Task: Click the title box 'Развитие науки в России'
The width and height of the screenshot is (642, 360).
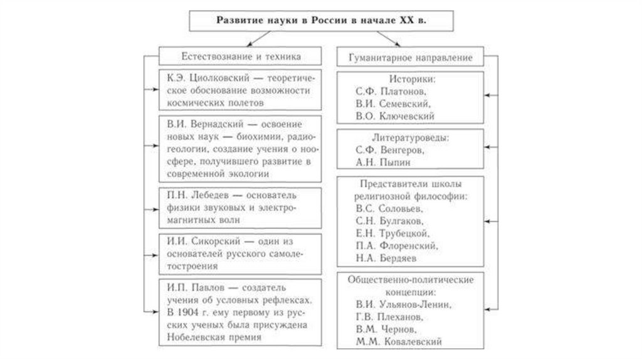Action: [x=321, y=19]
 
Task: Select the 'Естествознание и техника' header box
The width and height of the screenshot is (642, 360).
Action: [x=241, y=56]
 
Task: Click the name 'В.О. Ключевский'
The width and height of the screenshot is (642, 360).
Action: [x=394, y=116]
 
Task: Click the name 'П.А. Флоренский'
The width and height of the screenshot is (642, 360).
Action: [x=394, y=245]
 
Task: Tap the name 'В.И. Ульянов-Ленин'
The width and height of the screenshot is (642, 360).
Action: [x=401, y=305]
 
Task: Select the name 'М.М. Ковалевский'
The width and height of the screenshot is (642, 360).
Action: [x=398, y=342]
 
